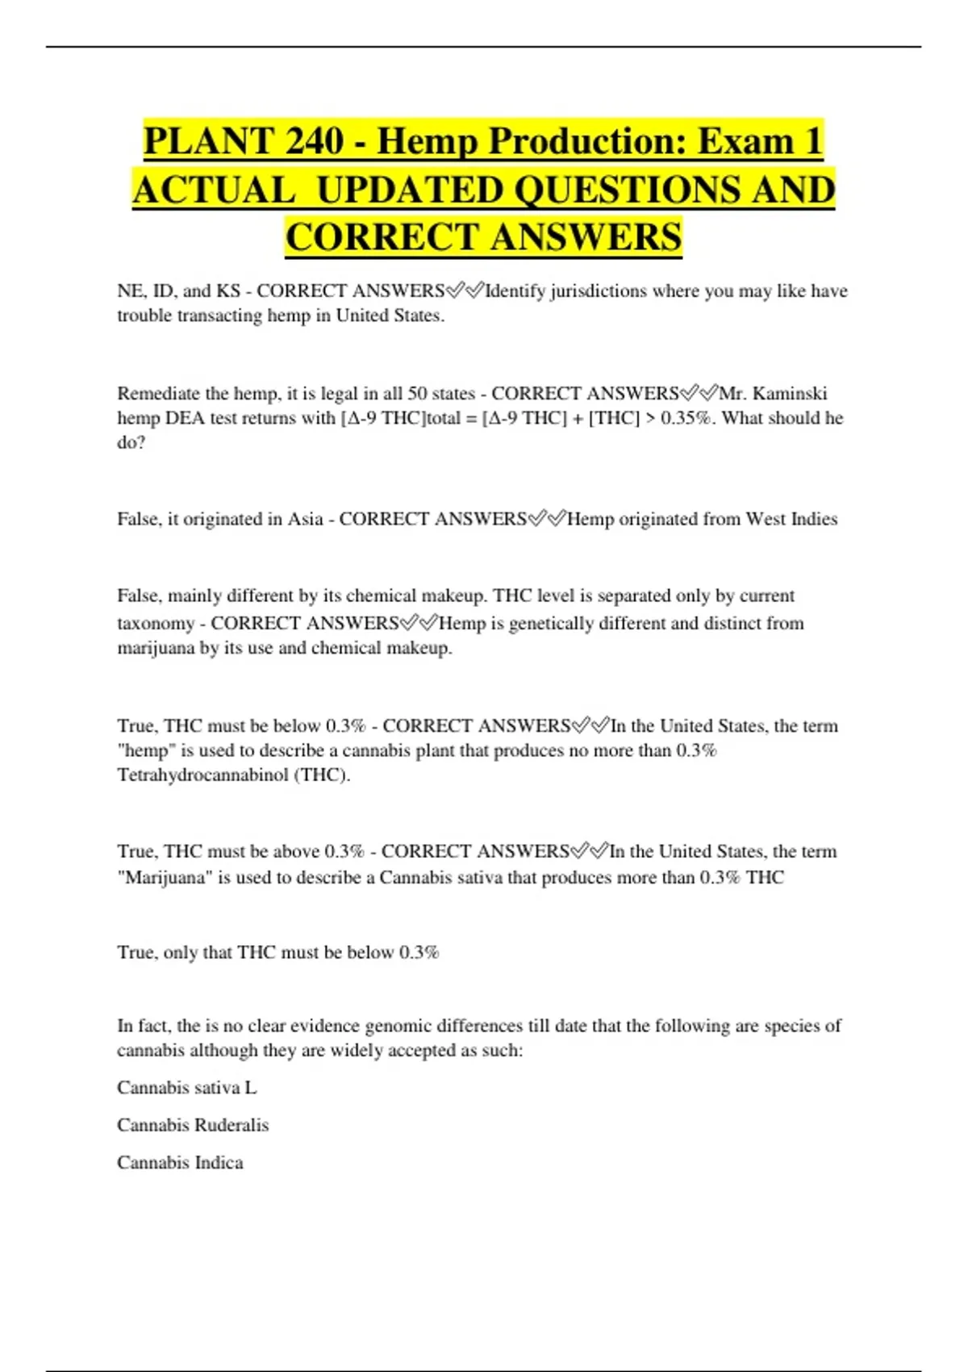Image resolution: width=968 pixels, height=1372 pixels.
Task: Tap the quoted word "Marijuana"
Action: click(165, 877)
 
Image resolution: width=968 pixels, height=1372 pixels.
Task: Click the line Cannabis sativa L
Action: click(187, 1088)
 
